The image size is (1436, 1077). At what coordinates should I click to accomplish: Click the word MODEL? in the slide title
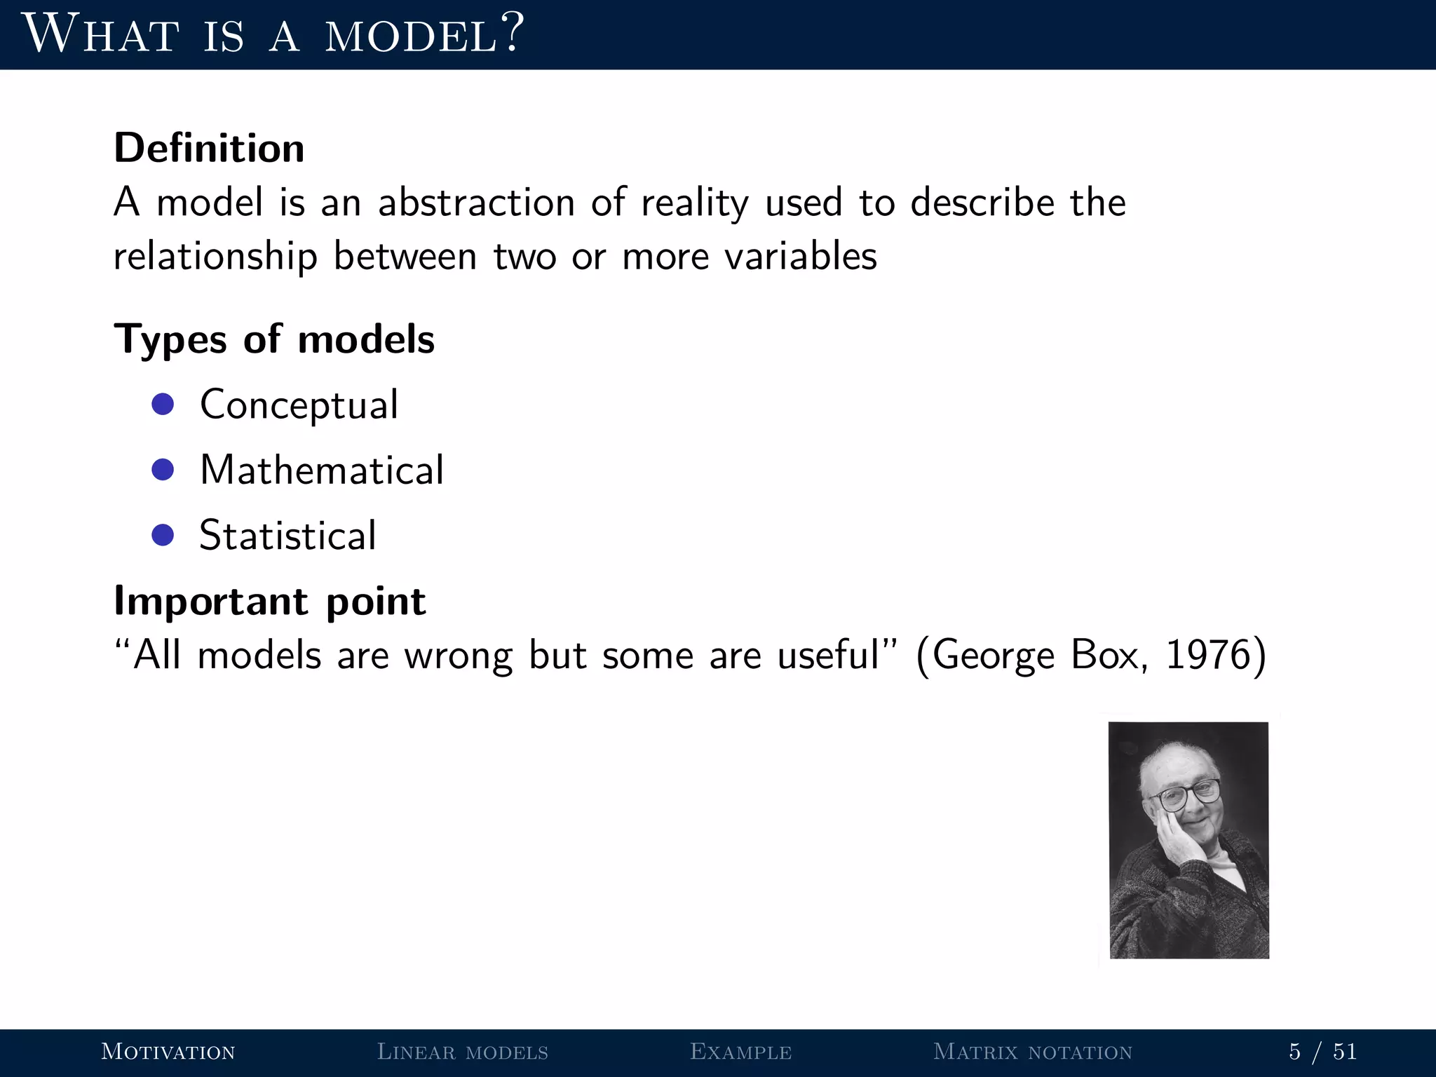[424, 35]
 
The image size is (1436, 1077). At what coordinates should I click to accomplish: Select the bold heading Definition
[209, 148]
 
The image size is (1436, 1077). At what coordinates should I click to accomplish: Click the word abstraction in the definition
[475, 203]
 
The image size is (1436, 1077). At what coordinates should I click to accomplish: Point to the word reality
[694, 203]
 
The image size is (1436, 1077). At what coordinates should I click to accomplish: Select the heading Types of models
[274, 339]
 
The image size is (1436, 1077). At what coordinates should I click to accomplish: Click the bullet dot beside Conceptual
[163, 405]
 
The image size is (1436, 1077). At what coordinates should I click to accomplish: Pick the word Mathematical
[322, 470]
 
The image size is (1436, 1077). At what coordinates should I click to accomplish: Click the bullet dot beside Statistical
[163, 535]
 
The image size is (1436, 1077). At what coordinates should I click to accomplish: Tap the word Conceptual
[299, 405]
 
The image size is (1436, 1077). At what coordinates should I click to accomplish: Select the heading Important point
[269, 601]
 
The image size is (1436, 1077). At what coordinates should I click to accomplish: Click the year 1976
[1207, 656]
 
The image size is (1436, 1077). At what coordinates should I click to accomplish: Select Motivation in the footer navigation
[168, 1052]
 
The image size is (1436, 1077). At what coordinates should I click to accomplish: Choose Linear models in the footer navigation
[463, 1052]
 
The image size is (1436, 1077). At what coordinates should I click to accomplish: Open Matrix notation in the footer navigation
[1033, 1052]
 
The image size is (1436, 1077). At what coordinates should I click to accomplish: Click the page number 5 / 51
[1323, 1052]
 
